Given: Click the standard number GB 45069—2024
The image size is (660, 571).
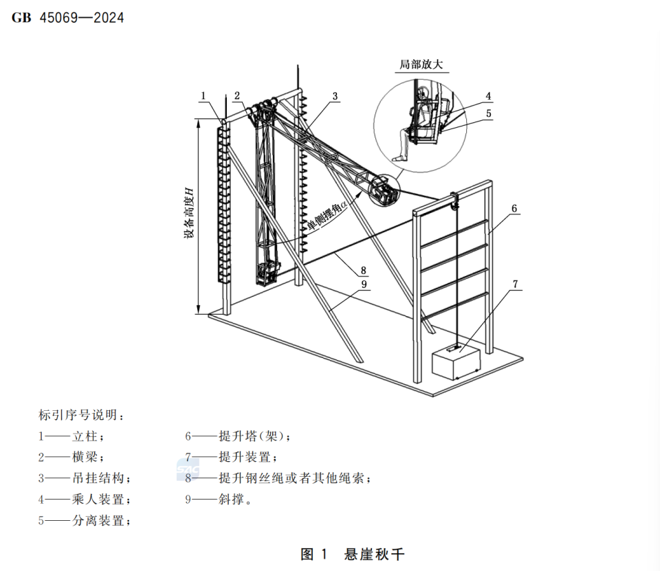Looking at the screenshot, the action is point(68,18).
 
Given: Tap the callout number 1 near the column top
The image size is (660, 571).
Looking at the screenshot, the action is point(203,96).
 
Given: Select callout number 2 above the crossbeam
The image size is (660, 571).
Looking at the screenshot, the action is point(237,96).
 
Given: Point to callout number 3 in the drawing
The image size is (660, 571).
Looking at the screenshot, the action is point(335,96).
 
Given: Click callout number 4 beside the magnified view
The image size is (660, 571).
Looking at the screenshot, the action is point(488,96).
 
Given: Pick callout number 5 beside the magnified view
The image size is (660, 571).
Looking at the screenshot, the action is point(488,113).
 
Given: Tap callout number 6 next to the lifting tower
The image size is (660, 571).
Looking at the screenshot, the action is point(514,208).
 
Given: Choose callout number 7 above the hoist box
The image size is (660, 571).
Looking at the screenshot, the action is point(515,284).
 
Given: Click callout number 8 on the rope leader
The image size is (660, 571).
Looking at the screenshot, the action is point(363,270).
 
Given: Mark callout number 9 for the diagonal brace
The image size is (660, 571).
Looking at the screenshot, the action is point(364,284).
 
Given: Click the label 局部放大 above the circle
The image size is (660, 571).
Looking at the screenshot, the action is point(421,65).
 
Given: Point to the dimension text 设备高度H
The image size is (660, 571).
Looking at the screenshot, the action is point(190,213).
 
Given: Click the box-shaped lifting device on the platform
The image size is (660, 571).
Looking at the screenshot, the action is point(456,361).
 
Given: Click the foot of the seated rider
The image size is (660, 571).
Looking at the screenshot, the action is point(398,158).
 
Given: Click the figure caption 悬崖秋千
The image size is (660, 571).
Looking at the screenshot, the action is point(375,554).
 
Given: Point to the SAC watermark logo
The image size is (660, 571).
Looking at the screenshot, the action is point(188,469).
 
